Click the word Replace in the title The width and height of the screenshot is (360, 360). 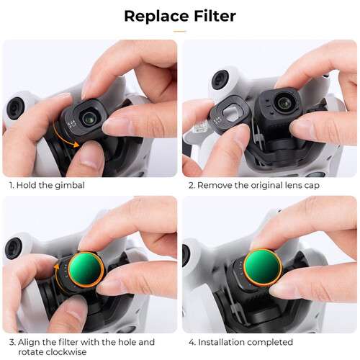point(153,16)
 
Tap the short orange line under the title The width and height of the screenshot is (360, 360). point(180,30)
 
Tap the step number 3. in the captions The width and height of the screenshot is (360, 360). point(12,342)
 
